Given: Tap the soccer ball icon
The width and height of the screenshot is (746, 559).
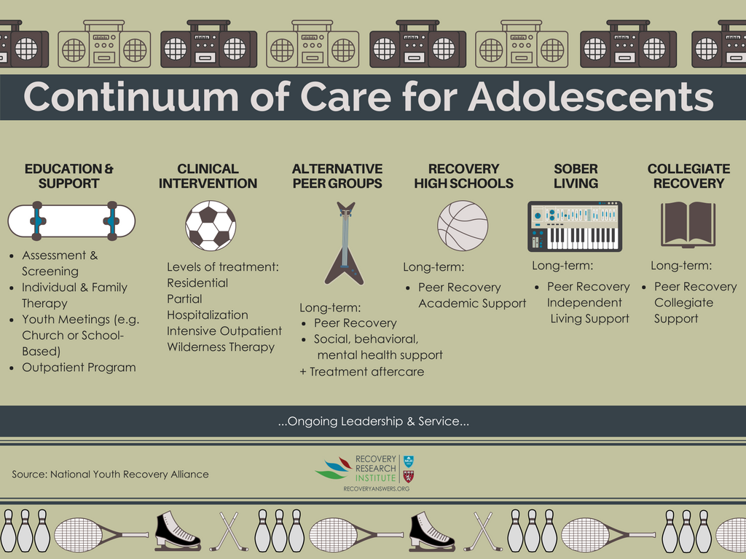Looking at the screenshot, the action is [x=211, y=226].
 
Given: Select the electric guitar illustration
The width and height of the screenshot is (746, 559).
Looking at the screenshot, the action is [x=345, y=243].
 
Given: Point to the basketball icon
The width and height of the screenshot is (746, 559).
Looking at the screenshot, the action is [x=463, y=226].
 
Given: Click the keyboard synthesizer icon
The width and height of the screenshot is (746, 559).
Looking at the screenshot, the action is [x=575, y=226].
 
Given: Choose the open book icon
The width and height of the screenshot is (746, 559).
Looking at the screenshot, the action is [x=688, y=224].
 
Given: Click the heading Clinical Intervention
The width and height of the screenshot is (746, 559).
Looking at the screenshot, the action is [x=208, y=176].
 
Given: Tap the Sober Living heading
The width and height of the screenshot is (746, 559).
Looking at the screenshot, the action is [x=576, y=176].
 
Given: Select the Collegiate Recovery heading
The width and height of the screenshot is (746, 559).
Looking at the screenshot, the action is [x=688, y=176].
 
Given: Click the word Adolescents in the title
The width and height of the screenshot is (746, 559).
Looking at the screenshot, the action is [x=590, y=97].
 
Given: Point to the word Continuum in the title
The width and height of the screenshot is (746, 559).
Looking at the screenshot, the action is [x=131, y=97].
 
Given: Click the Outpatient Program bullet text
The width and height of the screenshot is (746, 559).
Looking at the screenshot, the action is [x=79, y=368].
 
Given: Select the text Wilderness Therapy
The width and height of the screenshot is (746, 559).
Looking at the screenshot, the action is [x=221, y=347].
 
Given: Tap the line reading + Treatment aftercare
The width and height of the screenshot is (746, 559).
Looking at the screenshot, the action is [x=361, y=372].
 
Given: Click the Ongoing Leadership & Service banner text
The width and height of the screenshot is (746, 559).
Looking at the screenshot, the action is [x=374, y=421].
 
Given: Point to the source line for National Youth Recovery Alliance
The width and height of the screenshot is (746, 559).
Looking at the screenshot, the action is [x=111, y=474].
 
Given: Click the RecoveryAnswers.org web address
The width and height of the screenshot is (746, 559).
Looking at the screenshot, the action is [x=377, y=488].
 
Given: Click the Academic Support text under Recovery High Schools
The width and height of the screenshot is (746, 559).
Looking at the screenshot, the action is [x=472, y=304].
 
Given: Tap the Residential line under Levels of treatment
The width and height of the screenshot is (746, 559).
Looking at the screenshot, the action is [x=197, y=283].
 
